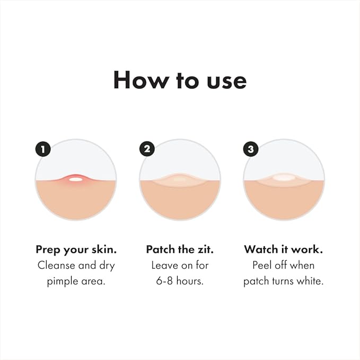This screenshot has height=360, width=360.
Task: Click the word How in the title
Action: tap(137, 80)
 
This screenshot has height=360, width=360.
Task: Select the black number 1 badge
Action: tap(43, 149)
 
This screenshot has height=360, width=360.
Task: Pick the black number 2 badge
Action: tap(147, 149)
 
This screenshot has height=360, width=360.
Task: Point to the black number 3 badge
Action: tap(251, 149)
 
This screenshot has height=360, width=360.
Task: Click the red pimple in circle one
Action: tap(76, 179)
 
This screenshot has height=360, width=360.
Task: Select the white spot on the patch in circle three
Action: tap(284, 178)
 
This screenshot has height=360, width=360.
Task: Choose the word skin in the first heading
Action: tap(103, 249)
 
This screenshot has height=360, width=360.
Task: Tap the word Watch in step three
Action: tap(260, 249)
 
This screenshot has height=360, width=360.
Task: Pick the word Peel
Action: tap(263, 265)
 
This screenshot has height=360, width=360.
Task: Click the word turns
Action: tap(282, 281)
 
